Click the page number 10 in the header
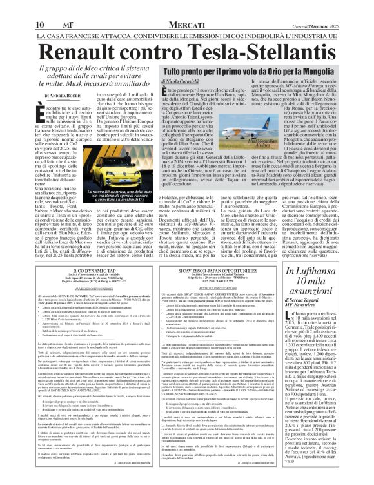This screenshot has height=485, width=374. tap(39, 7)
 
